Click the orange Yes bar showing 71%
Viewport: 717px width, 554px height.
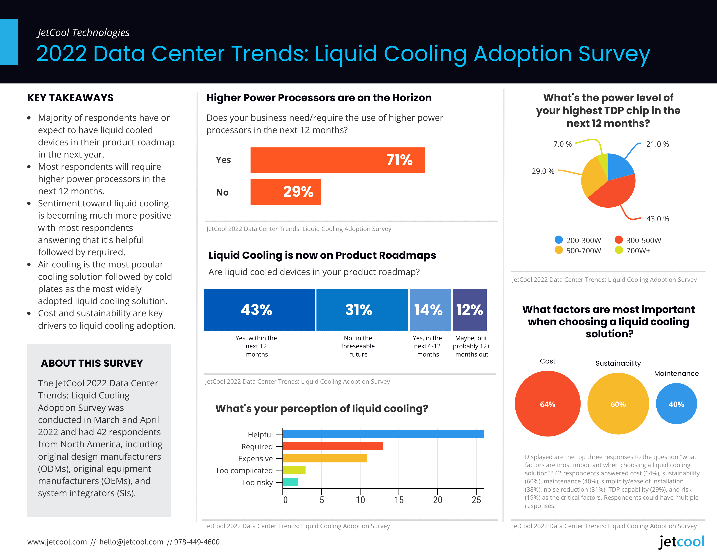coord(337,160)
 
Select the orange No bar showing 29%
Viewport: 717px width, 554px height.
coord(285,192)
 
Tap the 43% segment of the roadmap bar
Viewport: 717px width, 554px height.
coord(259,310)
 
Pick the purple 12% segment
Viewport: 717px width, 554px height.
coord(470,310)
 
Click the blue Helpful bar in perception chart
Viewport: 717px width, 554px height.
coord(383,434)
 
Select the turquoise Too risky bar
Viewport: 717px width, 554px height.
coord(290,482)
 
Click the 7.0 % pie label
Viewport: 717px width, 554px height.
coord(562,144)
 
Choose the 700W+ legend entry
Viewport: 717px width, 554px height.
coord(633,250)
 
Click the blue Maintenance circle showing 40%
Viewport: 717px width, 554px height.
coord(676,404)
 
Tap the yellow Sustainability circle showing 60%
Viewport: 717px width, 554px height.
coord(618,404)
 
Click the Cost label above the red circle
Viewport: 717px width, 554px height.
coord(548,361)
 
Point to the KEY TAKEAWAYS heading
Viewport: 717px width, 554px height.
coord(70,98)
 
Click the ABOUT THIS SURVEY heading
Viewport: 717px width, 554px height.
coord(92,363)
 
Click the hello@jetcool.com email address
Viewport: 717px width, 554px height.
coord(131,542)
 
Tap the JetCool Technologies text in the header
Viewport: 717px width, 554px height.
coord(83,33)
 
